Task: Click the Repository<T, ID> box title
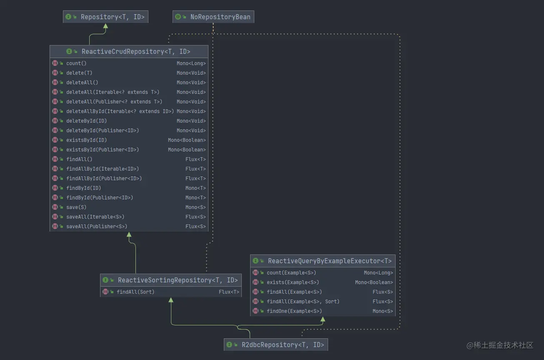(x=113, y=17)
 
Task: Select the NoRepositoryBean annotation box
(x=213, y=17)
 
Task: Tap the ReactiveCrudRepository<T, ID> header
(x=136, y=52)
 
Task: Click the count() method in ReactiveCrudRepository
(x=76, y=63)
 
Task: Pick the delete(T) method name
(x=79, y=73)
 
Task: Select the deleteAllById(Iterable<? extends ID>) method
(x=120, y=111)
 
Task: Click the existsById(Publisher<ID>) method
(x=103, y=150)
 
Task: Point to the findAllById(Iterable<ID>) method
(x=103, y=169)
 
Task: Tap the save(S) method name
(x=76, y=207)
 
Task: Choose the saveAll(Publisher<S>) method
(x=97, y=227)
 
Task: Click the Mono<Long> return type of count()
(x=191, y=63)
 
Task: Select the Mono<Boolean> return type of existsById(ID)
(x=187, y=140)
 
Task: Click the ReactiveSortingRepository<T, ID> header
(x=178, y=280)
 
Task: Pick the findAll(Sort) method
(x=135, y=292)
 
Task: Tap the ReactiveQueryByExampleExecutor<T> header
(x=330, y=261)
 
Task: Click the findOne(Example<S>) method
(x=294, y=311)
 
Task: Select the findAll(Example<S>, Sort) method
(x=303, y=302)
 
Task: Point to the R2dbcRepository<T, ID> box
(x=276, y=345)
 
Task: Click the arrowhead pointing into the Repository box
(x=105, y=26)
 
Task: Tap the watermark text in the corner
(x=500, y=345)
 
